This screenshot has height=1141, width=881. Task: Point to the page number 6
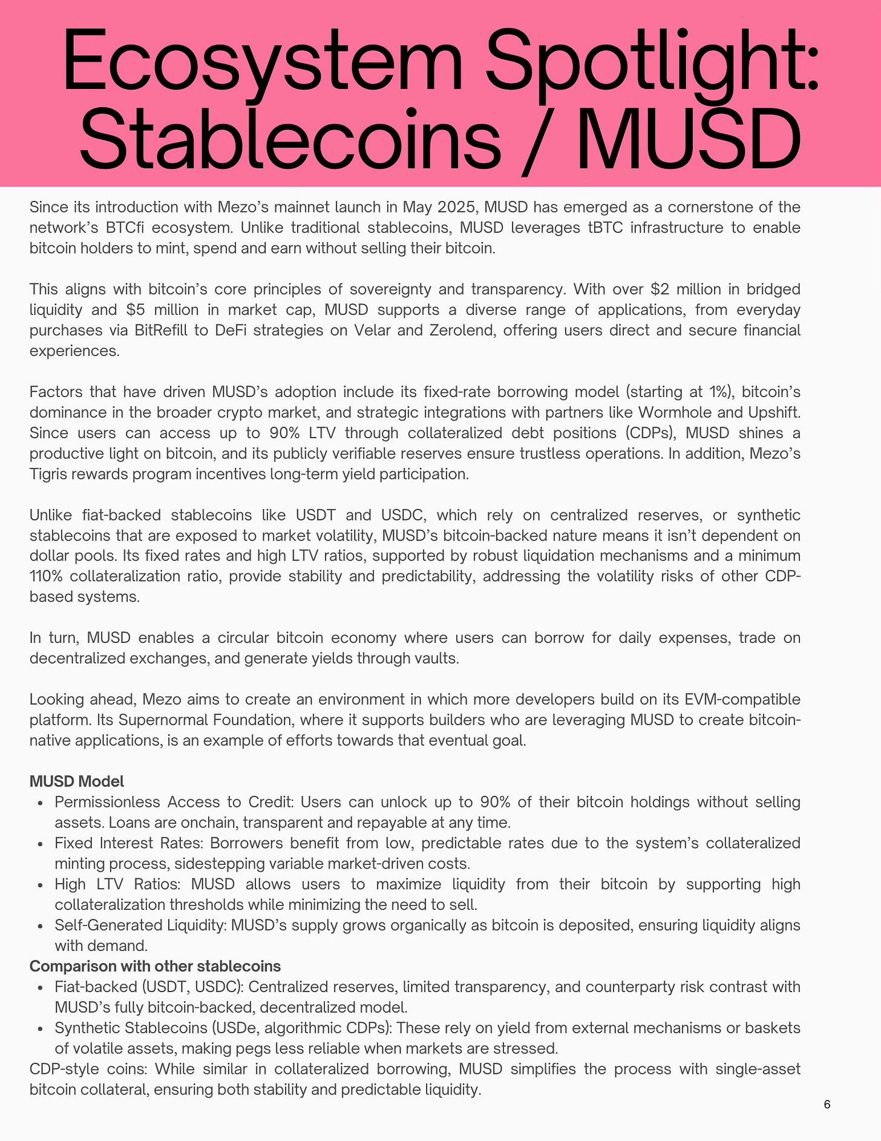pos(827,1104)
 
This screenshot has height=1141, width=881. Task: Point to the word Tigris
pos(47,474)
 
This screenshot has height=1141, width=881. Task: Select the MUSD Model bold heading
pos(77,781)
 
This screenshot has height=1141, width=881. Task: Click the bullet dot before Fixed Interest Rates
pos(39,844)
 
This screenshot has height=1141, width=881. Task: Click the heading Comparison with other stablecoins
pos(155,966)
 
